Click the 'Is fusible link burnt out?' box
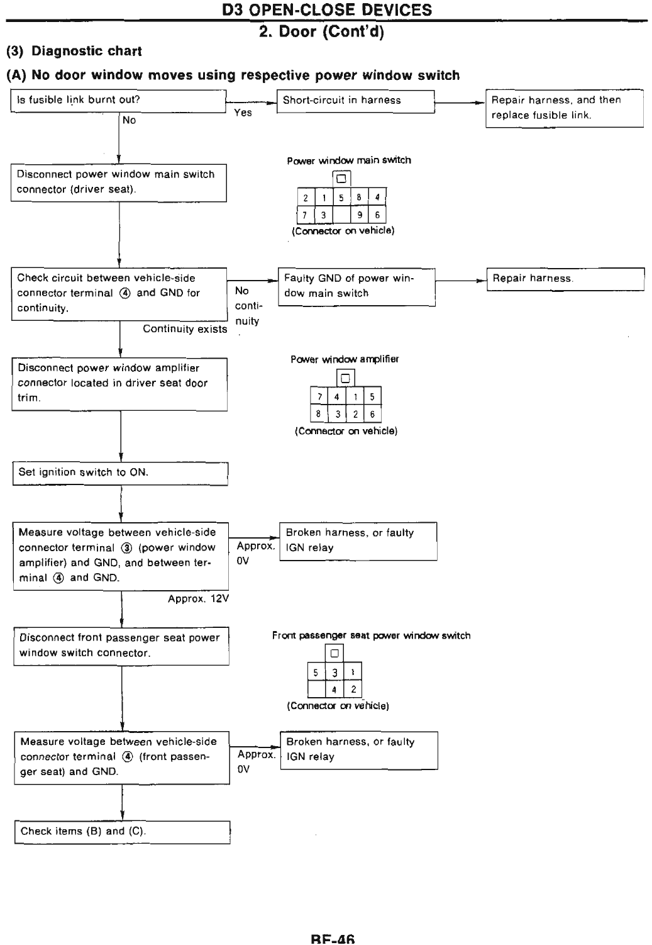118,101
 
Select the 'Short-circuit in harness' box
356,101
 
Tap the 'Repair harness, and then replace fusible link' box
564,108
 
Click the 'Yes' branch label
243,113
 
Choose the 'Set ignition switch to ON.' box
120,473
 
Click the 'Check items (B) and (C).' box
122,832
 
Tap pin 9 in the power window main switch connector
359,215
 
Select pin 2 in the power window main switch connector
306,198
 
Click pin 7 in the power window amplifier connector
319,397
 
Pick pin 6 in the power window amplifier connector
372,414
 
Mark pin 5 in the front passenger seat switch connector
316,673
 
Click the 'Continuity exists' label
185,329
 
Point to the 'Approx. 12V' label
198,599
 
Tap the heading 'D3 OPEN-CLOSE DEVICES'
328,10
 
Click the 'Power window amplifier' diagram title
345,359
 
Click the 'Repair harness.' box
565,279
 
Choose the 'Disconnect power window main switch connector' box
118,182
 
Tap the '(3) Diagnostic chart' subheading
74,51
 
